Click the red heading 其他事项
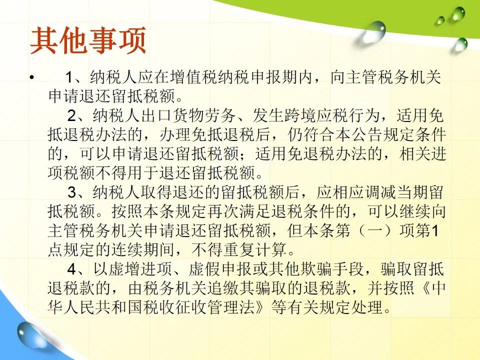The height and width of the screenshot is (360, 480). [x=88, y=40]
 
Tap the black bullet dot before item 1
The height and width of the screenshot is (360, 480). [x=32, y=77]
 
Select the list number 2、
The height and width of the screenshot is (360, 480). [x=79, y=115]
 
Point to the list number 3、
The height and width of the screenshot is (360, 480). [x=79, y=192]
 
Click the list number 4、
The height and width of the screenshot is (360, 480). [x=79, y=269]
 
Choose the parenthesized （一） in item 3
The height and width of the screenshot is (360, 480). [x=374, y=230]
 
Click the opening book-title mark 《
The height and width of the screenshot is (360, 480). [x=425, y=288]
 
